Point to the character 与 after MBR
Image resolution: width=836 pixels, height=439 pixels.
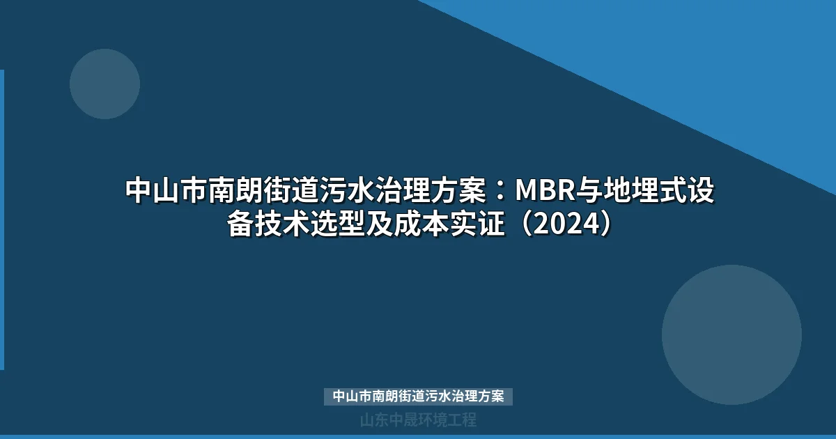click(584, 190)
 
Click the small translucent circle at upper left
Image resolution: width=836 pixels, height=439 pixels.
click(104, 84)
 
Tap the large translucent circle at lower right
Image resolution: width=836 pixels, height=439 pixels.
click(731, 334)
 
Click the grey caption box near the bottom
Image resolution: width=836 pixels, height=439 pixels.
click(418, 396)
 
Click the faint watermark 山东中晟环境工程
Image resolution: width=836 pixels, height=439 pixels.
click(418, 420)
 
